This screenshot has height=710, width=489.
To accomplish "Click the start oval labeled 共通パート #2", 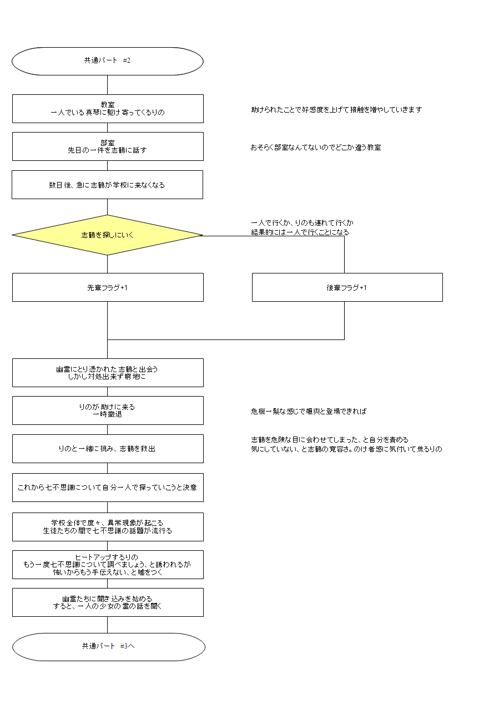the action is pyautogui.click(x=108, y=61).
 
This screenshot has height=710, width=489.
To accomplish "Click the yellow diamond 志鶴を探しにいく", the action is pyautogui.click(x=108, y=235).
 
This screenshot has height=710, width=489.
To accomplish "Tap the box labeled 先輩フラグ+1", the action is pyautogui.click(x=108, y=287).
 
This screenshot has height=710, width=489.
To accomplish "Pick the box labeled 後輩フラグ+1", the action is pyautogui.click(x=347, y=287).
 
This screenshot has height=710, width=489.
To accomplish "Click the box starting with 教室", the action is pyautogui.click(x=108, y=109).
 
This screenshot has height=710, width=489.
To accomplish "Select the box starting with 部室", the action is pyautogui.click(x=108, y=146).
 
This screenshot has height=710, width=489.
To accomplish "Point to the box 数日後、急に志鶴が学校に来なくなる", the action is pyautogui.click(x=108, y=185).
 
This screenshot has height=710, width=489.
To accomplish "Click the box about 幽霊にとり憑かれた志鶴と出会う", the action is pyautogui.click(x=108, y=373).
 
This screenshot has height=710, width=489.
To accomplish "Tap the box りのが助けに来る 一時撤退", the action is pyautogui.click(x=108, y=410).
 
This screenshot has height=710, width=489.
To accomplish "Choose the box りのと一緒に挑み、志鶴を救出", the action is pyautogui.click(x=108, y=449).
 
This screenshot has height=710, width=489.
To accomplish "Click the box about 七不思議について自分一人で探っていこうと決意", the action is pyautogui.click(x=108, y=488).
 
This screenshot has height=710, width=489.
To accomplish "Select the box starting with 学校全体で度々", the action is pyautogui.click(x=108, y=527).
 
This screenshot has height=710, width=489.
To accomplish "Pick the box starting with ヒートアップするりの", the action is pyautogui.click(x=108, y=565).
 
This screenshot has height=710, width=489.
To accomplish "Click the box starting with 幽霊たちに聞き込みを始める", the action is pyautogui.click(x=108, y=602).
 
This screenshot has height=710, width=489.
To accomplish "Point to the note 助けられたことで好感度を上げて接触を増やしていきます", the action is pyautogui.click(x=336, y=110).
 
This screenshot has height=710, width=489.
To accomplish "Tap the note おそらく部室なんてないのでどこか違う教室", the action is pyautogui.click(x=316, y=148).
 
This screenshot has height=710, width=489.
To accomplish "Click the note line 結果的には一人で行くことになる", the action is pyautogui.click(x=300, y=232).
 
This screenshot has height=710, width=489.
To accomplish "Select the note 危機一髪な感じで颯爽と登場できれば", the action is pyautogui.click(x=309, y=412).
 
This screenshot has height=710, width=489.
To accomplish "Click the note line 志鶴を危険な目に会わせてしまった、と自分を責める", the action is pyautogui.click(x=330, y=440).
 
